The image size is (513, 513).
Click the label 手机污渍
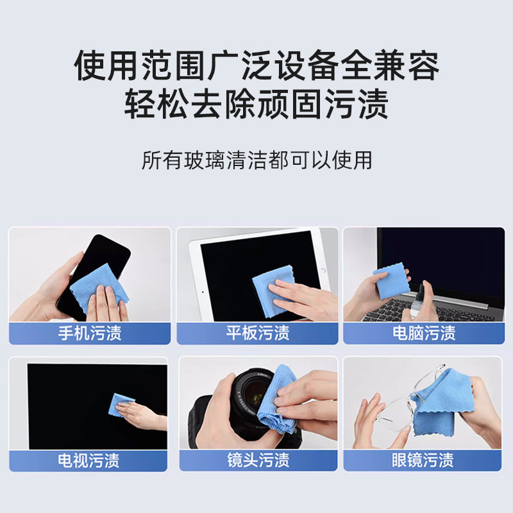pyautogui.click(x=89, y=333)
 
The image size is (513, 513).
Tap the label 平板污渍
pyautogui.click(x=257, y=333)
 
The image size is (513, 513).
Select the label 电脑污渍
pyautogui.click(x=424, y=333)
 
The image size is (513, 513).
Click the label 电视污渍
pyautogui.click(x=89, y=460)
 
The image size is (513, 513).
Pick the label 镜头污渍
pyautogui.click(x=257, y=460)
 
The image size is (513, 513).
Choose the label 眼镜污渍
pyautogui.click(x=424, y=460)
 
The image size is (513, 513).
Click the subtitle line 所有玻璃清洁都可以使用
pyautogui.click(x=256, y=160)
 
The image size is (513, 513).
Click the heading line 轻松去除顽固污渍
pyautogui.click(x=256, y=105)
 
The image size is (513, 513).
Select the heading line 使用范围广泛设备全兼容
pyautogui.click(x=256, y=66)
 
